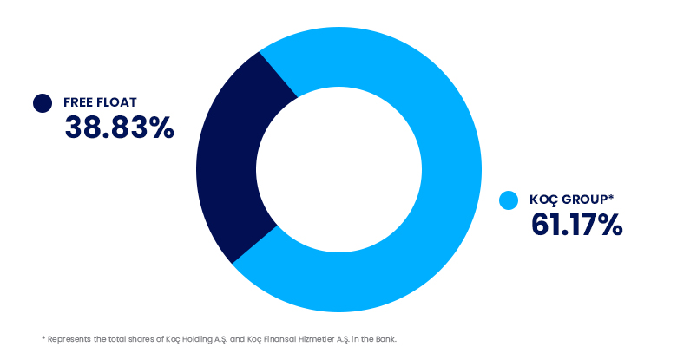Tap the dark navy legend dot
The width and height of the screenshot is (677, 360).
pyautogui.click(x=43, y=103)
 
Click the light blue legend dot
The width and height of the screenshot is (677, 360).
pyautogui.click(x=509, y=200)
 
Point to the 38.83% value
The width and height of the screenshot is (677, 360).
pyautogui.click(x=119, y=128)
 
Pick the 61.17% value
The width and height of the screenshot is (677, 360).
pyautogui.click(x=577, y=225)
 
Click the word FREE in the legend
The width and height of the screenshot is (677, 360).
pyautogui.click(x=78, y=102)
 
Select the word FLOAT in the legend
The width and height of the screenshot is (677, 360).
pyautogui.click(x=116, y=102)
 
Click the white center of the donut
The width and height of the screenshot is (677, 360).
pyautogui.click(x=338, y=169)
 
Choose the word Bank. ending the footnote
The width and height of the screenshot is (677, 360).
pyautogui.click(x=386, y=339)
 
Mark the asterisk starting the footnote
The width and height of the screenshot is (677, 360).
pyautogui.click(x=43, y=338)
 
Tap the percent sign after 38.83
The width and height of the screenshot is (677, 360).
pyautogui.click(x=162, y=128)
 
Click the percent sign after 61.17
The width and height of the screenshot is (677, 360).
pyautogui.click(x=610, y=225)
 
